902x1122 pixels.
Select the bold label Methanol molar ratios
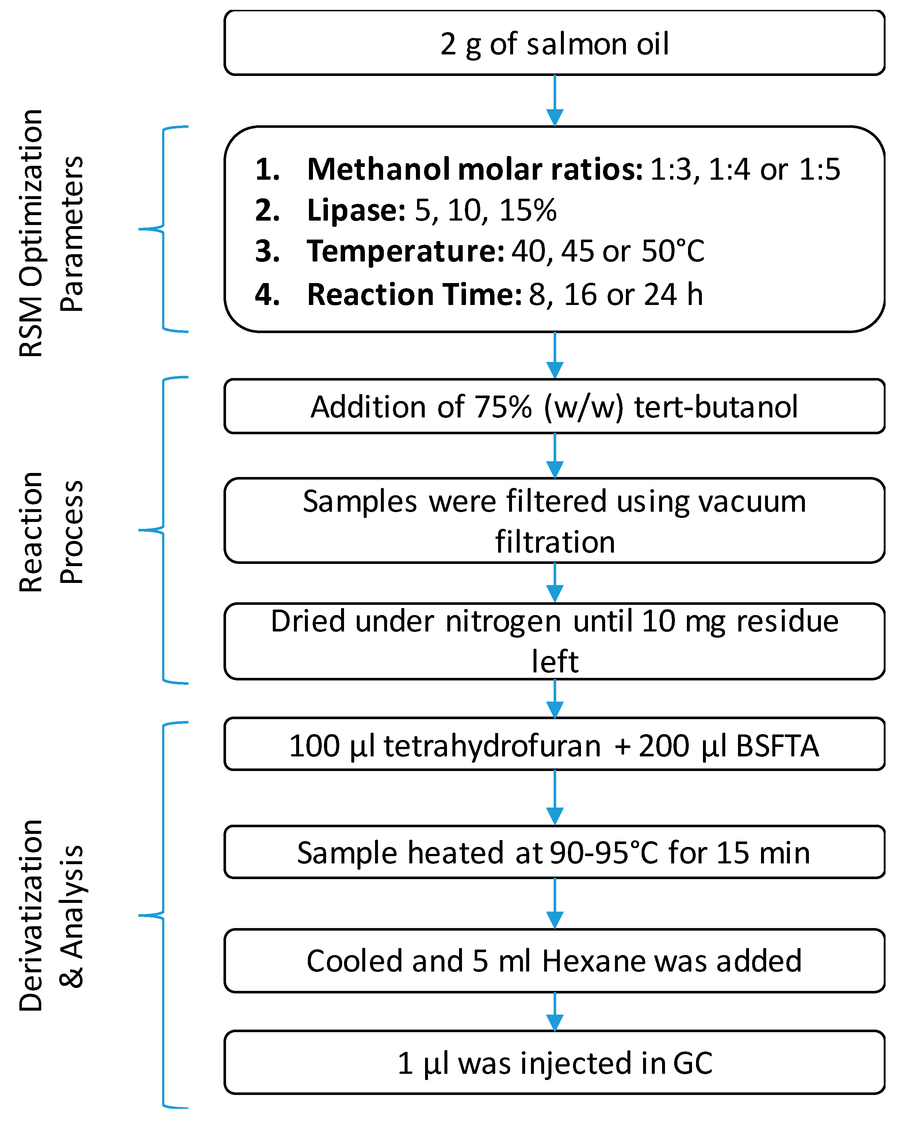[x=474, y=170]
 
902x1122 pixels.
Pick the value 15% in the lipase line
[x=527, y=211]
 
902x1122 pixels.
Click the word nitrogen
[x=503, y=621]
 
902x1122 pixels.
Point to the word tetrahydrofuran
[x=492, y=746]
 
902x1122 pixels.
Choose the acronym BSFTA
[x=777, y=746]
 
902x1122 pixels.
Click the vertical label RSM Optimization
[x=31, y=233]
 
